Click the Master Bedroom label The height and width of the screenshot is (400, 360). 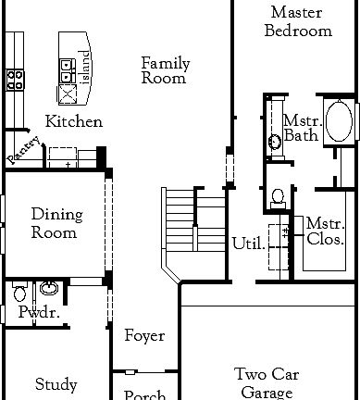(298, 21)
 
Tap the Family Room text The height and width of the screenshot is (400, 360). (165, 70)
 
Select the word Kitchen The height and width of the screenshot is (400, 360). (73, 122)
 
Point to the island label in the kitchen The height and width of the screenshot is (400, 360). (85, 66)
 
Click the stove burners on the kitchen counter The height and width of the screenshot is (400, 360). (14, 80)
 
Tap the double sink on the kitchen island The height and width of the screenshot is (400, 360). (68, 66)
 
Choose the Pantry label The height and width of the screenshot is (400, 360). (24, 151)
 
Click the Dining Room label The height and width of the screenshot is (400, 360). (56, 223)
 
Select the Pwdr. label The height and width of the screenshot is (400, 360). (39, 313)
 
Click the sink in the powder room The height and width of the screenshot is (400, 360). (47, 289)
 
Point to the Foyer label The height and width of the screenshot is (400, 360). (144, 336)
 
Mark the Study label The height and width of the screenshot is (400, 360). (56, 384)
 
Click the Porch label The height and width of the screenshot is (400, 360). (144, 394)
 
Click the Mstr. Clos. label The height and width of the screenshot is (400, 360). (325, 231)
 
